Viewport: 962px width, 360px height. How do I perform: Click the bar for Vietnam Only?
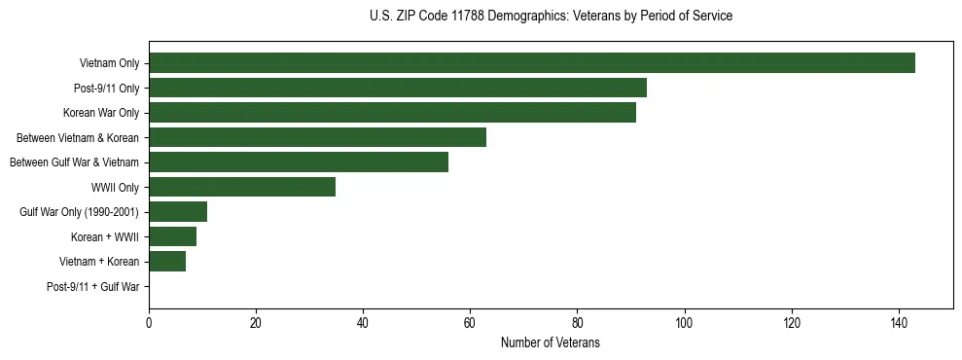pos(532,63)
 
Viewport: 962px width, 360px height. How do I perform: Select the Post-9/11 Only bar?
pos(398,88)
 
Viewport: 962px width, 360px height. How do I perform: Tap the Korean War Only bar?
pos(392,113)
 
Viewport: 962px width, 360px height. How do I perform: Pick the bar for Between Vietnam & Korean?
pos(317,137)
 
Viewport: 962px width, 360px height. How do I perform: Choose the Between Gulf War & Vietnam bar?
pos(299,162)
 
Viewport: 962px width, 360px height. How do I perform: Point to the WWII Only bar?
pos(242,187)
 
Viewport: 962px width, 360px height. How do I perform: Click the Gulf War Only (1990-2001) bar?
pos(178,212)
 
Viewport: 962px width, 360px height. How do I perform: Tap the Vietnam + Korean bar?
pos(167,262)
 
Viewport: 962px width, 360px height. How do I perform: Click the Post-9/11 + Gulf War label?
pos(93,287)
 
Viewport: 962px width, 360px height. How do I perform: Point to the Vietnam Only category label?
pos(109,64)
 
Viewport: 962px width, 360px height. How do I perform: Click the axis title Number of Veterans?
pos(550,343)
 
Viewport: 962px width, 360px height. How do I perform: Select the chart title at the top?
pos(551,17)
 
